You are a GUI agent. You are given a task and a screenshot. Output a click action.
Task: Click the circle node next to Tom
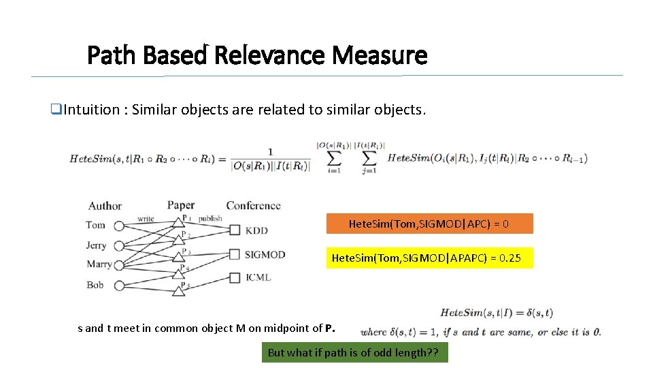(x=120, y=226)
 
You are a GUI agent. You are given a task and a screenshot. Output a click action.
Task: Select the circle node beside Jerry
(x=120, y=245)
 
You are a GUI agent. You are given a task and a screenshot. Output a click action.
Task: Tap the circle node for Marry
(x=120, y=265)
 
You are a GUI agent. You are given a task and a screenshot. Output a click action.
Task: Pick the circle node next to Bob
(x=120, y=286)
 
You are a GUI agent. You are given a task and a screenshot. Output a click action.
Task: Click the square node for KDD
(x=235, y=231)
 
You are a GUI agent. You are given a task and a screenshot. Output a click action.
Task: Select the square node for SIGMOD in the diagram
(x=235, y=254)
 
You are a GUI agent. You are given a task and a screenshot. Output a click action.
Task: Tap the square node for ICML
(x=235, y=277)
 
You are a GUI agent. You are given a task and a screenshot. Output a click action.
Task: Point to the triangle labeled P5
(x=179, y=291)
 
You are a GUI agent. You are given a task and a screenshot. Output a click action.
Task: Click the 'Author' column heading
(x=105, y=205)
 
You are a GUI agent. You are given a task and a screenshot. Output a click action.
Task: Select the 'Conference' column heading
(x=253, y=205)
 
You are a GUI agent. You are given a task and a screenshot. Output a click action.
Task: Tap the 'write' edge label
(x=146, y=219)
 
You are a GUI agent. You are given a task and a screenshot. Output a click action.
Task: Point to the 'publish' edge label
(x=210, y=219)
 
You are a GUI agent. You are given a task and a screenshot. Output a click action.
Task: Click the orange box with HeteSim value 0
(x=429, y=224)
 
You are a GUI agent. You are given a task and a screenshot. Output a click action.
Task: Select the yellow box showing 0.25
(x=429, y=258)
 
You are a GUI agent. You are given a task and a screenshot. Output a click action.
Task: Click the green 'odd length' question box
(x=354, y=352)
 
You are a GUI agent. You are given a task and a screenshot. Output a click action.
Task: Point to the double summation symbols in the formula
(x=351, y=158)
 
